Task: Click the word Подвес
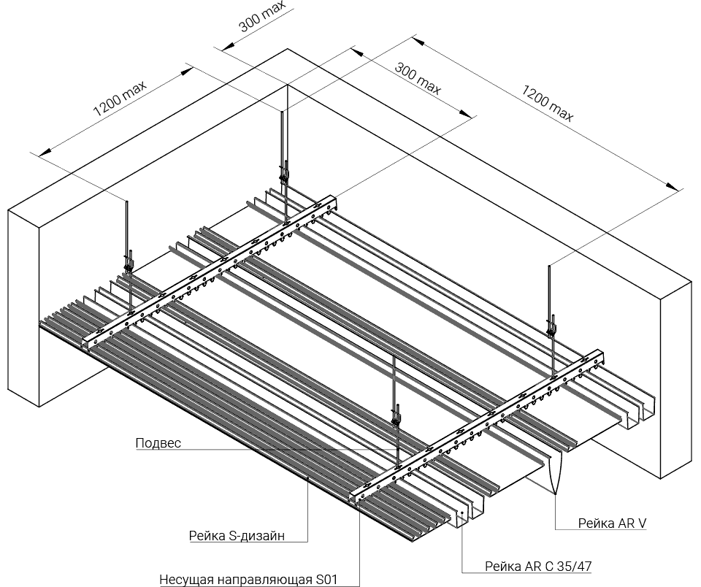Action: (x=158, y=443)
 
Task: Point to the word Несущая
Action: (x=182, y=580)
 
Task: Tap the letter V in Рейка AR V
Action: (x=643, y=523)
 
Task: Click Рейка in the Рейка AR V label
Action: (x=596, y=523)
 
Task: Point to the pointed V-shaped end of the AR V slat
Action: (x=555, y=493)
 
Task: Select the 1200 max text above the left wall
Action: (x=119, y=99)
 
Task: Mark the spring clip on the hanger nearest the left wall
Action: (x=129, y=263)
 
